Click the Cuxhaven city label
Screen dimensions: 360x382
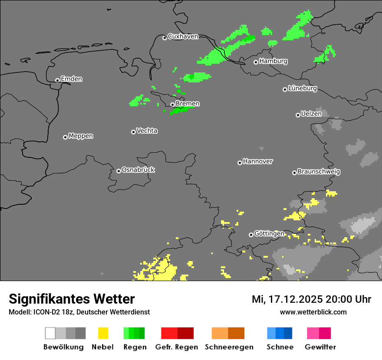click(183, 36)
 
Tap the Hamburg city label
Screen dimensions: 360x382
click(273, 61)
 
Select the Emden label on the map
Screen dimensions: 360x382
click(71, 79)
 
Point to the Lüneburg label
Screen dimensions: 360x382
click(302, 88)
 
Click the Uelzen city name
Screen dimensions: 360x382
click(311, 114)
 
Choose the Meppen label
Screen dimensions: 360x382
click(81, 136)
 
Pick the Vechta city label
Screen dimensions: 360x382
click(147, 131)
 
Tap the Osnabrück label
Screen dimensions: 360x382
click(138, 170)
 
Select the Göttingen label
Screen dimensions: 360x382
click(269, 234)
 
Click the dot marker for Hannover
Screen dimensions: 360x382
click(240, 163)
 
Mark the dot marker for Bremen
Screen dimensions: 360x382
click(172, 105)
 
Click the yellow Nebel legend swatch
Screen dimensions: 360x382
click(103, 333)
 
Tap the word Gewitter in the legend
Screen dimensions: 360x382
click(320, 347)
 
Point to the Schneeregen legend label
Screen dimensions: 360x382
click(228, 347)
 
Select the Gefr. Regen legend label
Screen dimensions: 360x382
click(177, 347)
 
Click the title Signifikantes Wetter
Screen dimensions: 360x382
click(72, 299)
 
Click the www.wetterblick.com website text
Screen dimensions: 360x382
click(313, 312)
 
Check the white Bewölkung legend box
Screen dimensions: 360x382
click(50, 333)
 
